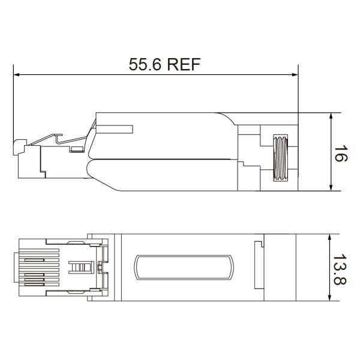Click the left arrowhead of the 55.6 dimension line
[x=17, y=75]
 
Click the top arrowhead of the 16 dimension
[x=331, y=116]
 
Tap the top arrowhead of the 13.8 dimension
[x=331, y=236]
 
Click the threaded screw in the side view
[x=280, y=157]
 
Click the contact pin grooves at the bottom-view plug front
[x=36, y=267]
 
